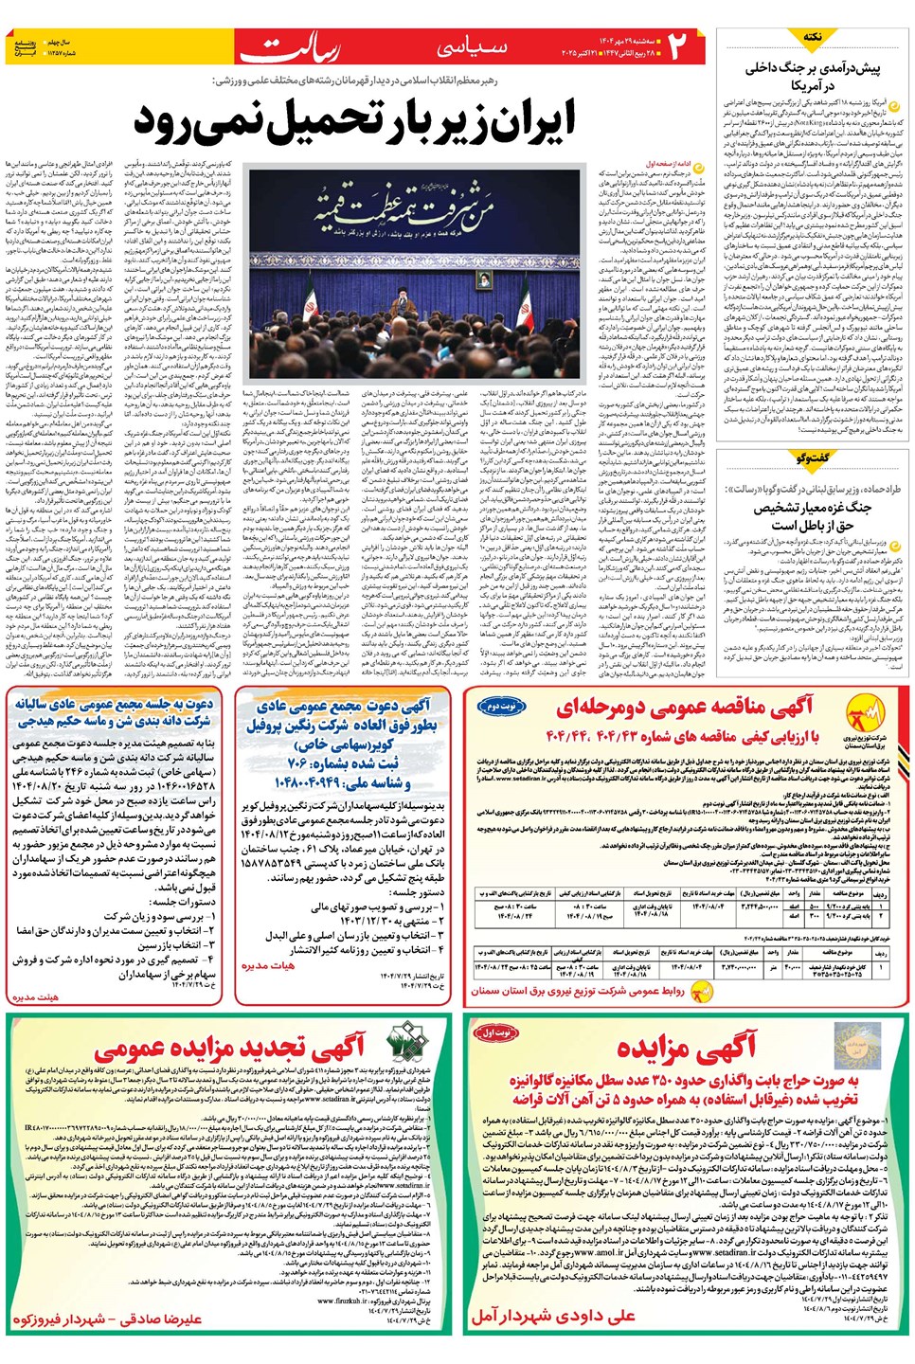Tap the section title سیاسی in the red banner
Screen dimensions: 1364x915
pyautogui.click(x=473, y=47)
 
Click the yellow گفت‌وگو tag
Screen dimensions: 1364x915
pyautogui.click(x=813, y=458)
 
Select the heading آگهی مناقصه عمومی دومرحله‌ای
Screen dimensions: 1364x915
pyautogui.click(x=686, y=708)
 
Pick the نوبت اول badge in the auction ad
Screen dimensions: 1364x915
pyautogui.click(x=496, y=1032)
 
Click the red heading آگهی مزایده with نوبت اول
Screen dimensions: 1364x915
pyautogui.click(x=686, y=1047)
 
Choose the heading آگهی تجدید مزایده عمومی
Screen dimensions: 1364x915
pyautogui.click(x=228, y=1047)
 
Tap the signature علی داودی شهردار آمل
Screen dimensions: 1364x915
pyautogui.click(x=553, y=1316)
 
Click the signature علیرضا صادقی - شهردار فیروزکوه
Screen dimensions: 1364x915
pyautogui.click(x=106, y=1318)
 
